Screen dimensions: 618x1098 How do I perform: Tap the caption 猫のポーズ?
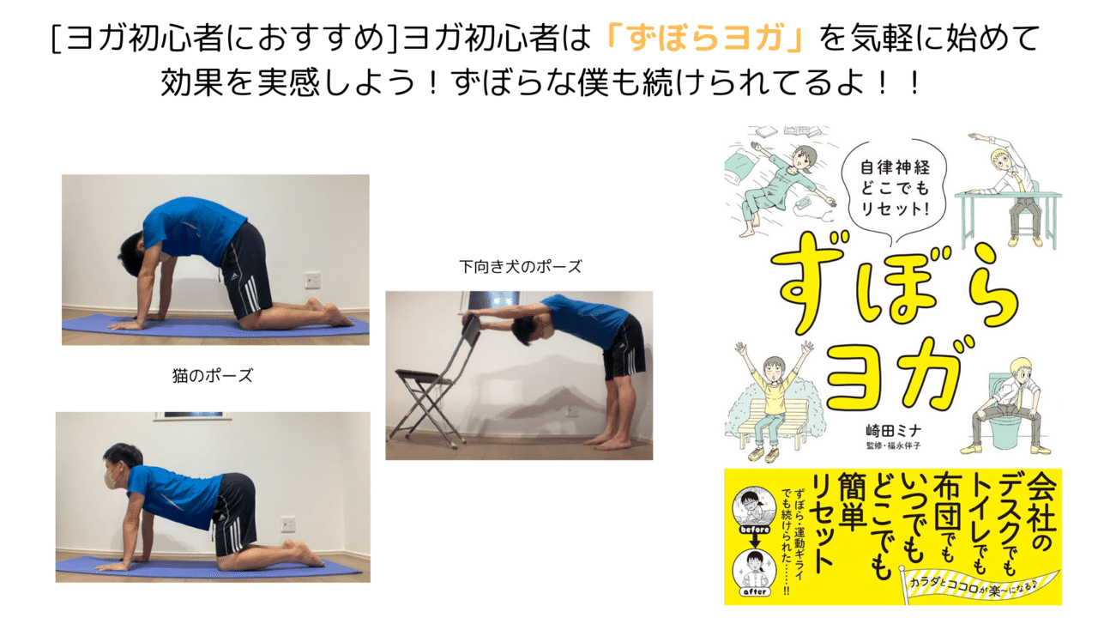point(213,376)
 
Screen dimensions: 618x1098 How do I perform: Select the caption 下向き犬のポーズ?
point(520,267)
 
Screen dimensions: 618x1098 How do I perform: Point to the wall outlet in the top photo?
point(312,280)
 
